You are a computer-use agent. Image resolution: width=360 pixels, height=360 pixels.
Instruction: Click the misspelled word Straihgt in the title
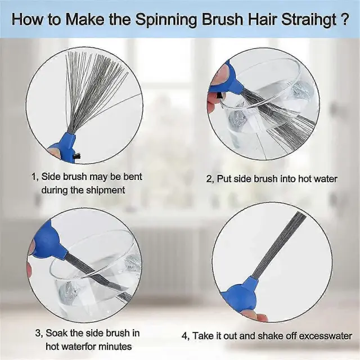(308, 19)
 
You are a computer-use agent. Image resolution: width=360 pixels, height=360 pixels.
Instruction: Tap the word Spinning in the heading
(166, 20)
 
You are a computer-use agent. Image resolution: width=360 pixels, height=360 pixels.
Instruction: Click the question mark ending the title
(344, 19)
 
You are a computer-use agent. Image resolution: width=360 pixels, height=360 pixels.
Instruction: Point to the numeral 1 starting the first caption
(34, 177)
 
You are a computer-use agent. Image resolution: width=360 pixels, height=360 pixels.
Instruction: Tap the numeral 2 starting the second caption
(209, 179)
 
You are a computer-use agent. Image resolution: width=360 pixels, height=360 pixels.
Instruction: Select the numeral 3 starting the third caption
(38, 333)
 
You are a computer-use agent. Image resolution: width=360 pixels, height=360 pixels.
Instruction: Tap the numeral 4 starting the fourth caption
(185, 336)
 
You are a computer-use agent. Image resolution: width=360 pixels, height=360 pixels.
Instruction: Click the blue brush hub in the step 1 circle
(64, 147)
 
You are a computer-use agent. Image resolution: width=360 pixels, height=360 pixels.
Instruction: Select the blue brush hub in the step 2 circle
(227, 80)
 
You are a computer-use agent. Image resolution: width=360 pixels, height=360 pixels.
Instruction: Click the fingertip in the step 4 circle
(261, 317)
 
